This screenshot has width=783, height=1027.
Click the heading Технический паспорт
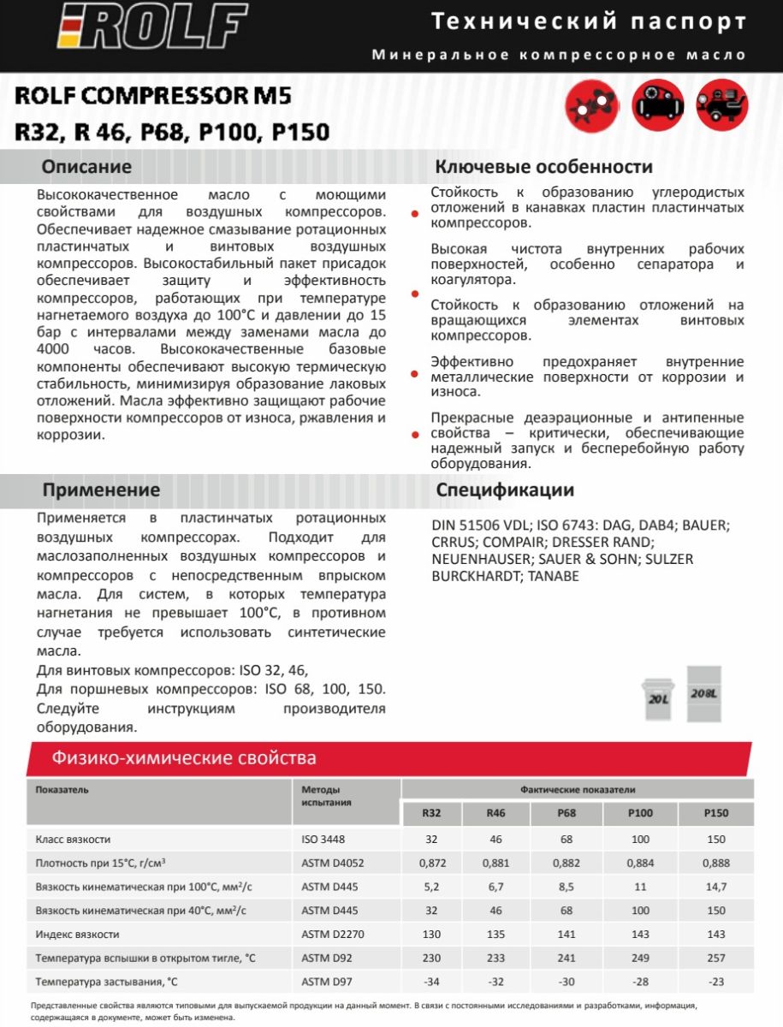pyautogui.click(x=588, y=21)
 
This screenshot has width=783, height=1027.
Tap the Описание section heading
pyautogui.click(x=86, y=166)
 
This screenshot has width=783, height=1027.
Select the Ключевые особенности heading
pyautogui.click(x=544, y=166)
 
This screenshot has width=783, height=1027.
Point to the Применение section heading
pyautogui.click(x=101, y=490)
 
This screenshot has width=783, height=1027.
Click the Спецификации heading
pyautogui.click(x=505, y=490)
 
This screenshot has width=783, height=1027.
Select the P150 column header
pyautogui.click(x=715, y=813)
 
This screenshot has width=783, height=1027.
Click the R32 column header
pyautogui.click(x=432, y=813)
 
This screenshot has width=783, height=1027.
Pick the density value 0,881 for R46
pyautogui.click(x=496, y=863)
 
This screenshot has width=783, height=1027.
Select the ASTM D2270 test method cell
pyautogui.click(x=329, y=934)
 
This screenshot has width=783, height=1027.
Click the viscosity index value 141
pyautogui.click(x=566, y=934)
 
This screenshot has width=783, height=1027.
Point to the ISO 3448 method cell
pyautogui.click(x=323, y=839)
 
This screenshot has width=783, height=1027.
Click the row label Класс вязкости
pyautogui.click(x=74, y=839)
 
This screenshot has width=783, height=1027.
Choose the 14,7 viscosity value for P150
pyautogui.click(x=715, y=887)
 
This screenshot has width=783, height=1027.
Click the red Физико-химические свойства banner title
pyautogui.click(x=184, y=757)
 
